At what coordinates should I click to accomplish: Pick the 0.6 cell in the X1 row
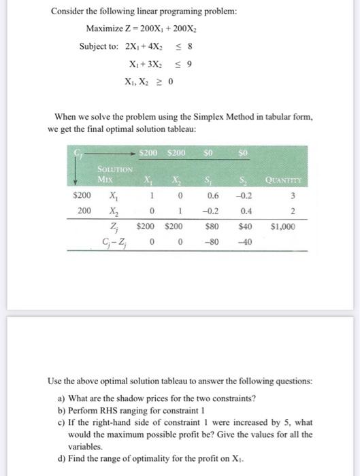[212, 197]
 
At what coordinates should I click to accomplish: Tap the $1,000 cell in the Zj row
[283, 226]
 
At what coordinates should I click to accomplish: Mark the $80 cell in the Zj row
[212, 226]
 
